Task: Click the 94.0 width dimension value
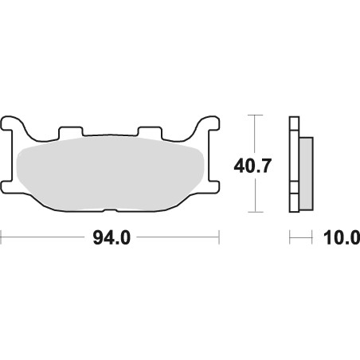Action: click(x=112, y=238)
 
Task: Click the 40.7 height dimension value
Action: click(x=252, y=166)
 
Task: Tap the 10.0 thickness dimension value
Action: click(x=342, y=238)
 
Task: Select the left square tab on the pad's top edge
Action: click(x=71, y=132)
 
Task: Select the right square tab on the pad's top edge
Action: click(x=150, y=133)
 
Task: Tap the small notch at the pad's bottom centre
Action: click(x=110, y=211)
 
